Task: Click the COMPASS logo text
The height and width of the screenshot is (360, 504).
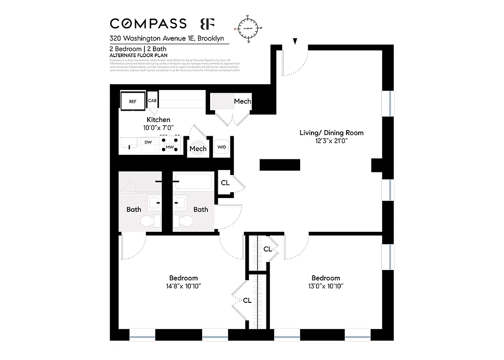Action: click(148, 24)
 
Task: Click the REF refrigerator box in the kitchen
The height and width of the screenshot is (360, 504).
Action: click(133, 102)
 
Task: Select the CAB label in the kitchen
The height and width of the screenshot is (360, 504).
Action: click(152, 101)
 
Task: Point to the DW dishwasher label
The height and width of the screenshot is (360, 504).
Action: click(148, 143)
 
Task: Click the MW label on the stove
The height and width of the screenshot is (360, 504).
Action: click(170, 147)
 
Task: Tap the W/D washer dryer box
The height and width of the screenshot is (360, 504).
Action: click(221, 147)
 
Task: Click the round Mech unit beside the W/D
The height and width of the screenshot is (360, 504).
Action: click(198, 149)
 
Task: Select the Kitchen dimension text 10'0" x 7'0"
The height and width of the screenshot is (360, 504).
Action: click(158, 128)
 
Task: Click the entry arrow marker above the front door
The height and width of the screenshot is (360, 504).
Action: click(295, 42)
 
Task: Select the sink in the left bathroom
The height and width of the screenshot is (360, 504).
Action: click(154, 202)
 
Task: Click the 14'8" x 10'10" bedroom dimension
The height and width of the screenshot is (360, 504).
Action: click(183, 286)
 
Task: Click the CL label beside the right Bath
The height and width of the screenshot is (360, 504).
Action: click(225, 183)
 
